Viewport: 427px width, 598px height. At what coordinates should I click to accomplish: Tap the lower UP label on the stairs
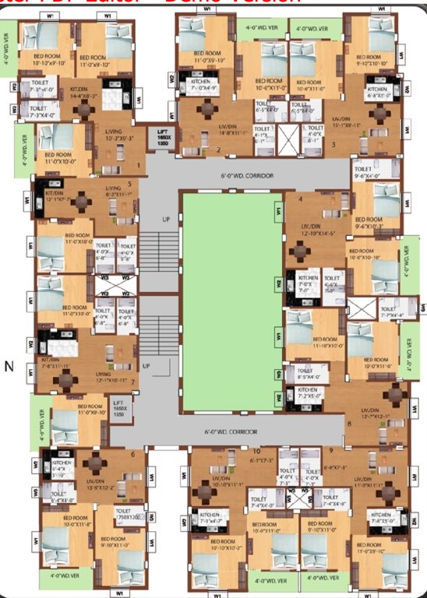tap(146, 365)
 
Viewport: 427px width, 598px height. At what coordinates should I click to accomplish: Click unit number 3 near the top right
tap(333, 144)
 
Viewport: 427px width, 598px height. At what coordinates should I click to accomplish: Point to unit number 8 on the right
tap(349, 424)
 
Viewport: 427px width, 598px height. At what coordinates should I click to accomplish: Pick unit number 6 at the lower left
tap(133, 454)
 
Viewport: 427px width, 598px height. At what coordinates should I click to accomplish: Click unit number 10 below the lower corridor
tap(256, 451)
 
